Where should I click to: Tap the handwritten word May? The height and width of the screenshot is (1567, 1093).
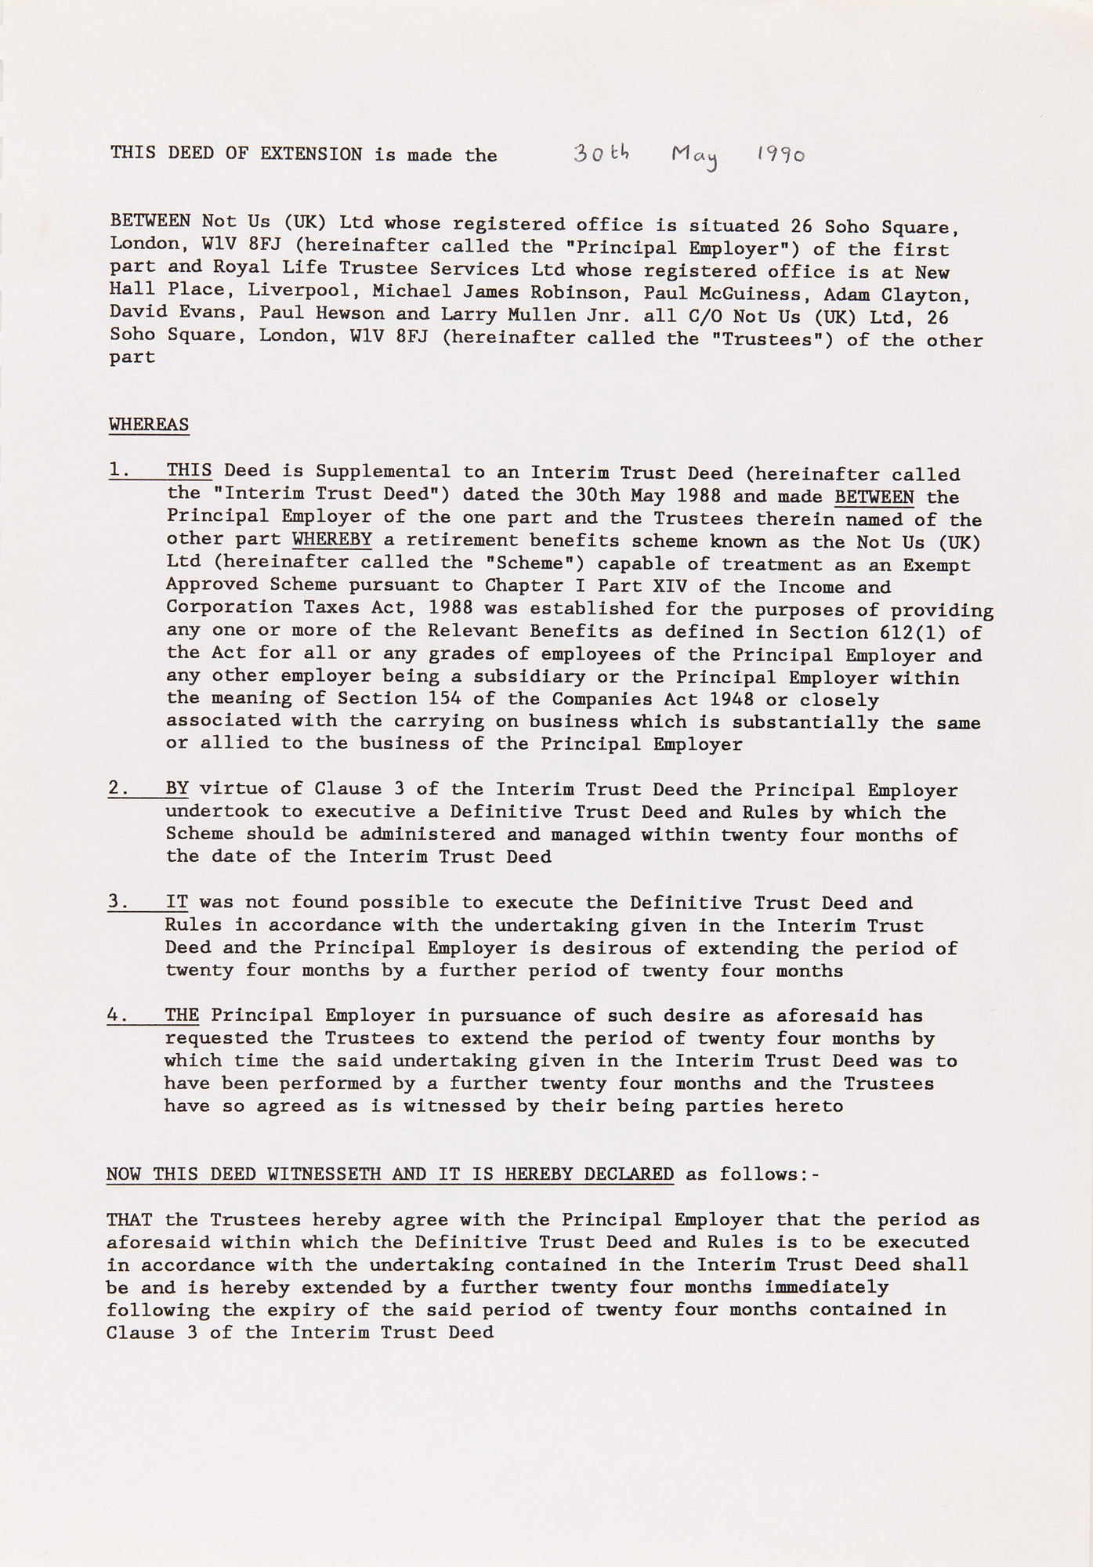695,157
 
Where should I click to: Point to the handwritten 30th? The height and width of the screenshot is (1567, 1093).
601,153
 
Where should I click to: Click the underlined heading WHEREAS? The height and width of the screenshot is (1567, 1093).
149,425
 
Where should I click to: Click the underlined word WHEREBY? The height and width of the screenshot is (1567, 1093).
331,540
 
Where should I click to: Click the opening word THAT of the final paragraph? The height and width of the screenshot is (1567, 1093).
129,1220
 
